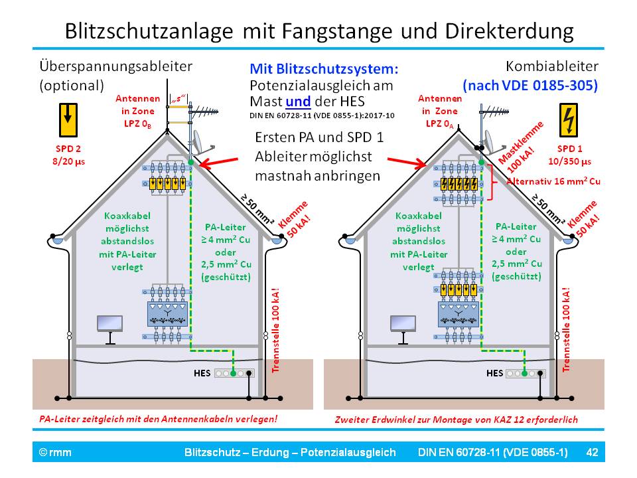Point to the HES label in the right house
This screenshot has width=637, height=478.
point(494,372)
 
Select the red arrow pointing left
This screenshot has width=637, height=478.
point(220,161)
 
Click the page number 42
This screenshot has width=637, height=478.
point(593,453)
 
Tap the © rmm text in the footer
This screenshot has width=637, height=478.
point(55,453)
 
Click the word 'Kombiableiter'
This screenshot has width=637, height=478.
point(552,66)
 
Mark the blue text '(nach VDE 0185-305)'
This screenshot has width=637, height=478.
point(531,85)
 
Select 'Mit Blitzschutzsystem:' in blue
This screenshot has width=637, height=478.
point(324,68)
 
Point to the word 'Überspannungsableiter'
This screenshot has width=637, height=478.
point(115,66)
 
